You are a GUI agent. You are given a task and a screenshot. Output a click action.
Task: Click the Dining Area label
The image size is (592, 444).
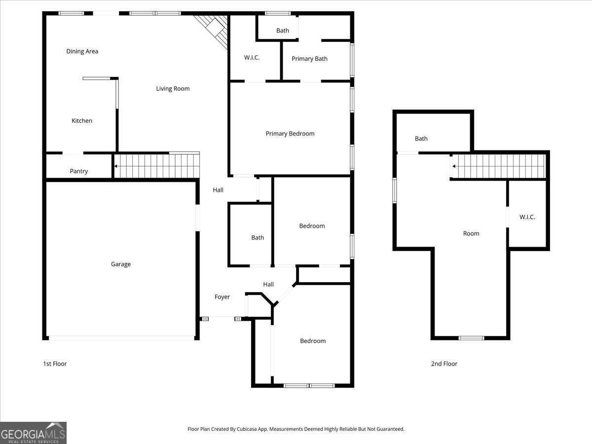tap(82, 51)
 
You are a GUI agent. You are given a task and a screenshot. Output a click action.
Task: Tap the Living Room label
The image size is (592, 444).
tap(173, 89)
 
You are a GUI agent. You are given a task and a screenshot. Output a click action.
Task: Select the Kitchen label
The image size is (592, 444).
tap(82, 121)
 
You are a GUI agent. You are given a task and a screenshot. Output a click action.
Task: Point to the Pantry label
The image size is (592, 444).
tap(79, 171)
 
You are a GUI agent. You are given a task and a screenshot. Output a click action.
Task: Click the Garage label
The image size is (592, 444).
tap(121, 264)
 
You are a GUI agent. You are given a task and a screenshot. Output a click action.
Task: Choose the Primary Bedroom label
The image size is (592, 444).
tap(290, 134)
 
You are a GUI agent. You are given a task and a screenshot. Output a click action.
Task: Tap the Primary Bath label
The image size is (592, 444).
tap(309, 59)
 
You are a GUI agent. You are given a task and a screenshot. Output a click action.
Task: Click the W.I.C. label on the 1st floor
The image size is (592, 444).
tap(252, 58)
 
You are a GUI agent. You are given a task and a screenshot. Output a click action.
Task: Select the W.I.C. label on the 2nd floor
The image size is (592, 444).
tap(527, 217)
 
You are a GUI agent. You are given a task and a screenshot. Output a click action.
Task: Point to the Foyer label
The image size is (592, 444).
tap(222, 297)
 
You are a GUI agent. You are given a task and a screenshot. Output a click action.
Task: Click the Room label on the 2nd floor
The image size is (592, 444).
tap(471, 234)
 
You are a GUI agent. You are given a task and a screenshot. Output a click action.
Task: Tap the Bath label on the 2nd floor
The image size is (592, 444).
tap(421, 139)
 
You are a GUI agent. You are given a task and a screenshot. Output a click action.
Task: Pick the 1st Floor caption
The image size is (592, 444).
tap(55, 364)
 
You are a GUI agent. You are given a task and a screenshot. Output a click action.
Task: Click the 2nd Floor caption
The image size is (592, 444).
tap(444, 364)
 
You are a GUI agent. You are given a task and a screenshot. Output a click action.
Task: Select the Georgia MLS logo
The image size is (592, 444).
tap(33, 433)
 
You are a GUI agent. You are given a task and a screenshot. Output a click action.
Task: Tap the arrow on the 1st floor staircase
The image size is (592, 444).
tap(116, 166)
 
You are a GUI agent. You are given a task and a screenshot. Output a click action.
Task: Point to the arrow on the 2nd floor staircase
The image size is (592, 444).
tap(453, 166)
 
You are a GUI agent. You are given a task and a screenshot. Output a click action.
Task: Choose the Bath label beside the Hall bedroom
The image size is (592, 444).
tap(258, 238)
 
